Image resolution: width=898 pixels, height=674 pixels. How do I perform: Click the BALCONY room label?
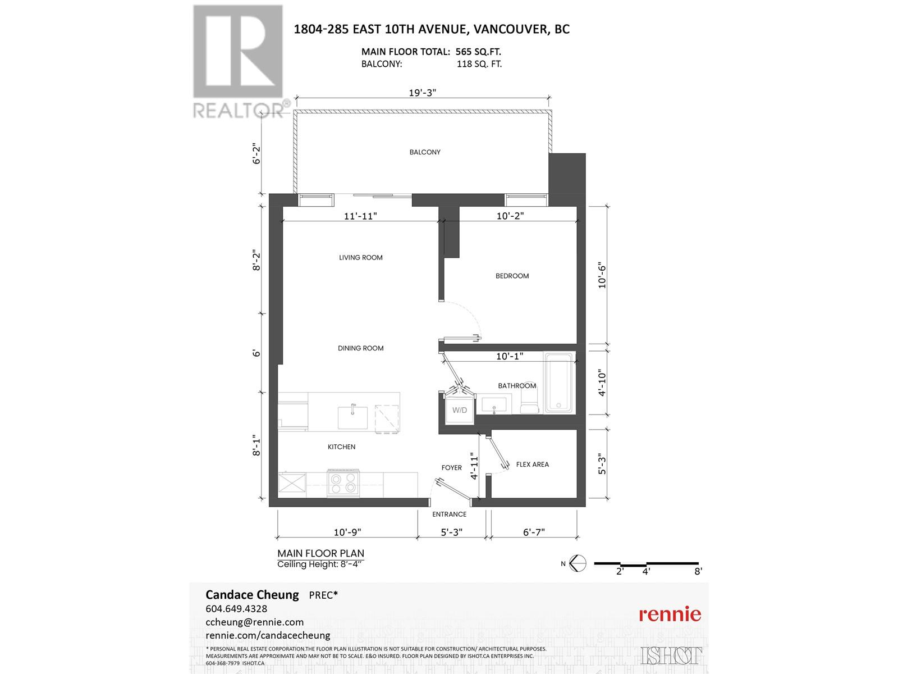point(425,152)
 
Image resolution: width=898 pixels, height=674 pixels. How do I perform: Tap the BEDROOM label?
point(512,276)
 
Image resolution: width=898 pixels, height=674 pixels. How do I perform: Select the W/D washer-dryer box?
point(460,410)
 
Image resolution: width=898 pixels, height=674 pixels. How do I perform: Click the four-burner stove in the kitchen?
point(343,483)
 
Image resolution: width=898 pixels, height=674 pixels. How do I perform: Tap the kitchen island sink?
point(352,417)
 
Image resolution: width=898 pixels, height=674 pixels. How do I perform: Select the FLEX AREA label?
point(532,464)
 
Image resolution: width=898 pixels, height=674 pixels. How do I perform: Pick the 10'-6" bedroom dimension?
point(602,275)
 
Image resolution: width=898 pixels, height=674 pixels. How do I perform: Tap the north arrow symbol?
point(578,563)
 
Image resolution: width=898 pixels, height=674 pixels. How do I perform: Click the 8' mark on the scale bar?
point(698,572)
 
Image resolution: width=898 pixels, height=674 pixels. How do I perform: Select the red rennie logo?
point(670,614)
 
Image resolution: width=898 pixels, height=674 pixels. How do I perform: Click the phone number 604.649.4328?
point(236,609)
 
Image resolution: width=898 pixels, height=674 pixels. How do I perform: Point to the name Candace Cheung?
point(252,595)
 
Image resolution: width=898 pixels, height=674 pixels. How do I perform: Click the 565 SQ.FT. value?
point(479,52)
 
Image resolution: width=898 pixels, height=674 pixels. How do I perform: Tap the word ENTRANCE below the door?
point(449,514)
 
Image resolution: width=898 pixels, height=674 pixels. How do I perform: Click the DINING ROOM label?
point(360,348)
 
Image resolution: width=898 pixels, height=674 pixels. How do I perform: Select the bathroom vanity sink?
point(494,404)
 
